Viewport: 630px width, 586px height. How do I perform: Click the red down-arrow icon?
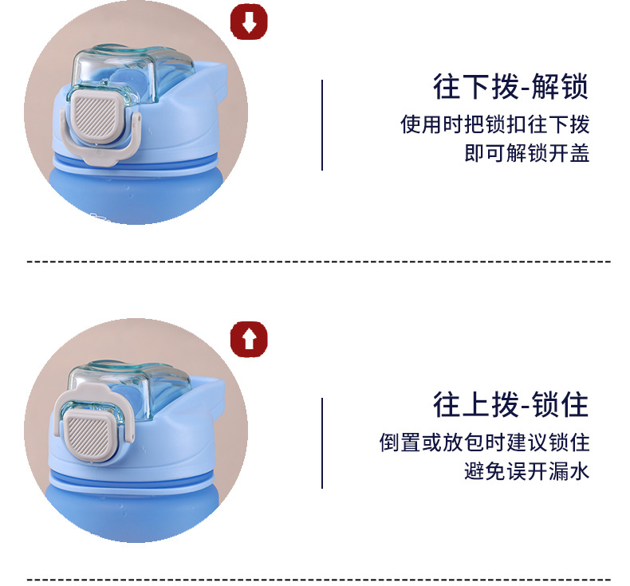click(249, 22)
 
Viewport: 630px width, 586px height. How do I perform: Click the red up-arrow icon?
click(249, 339)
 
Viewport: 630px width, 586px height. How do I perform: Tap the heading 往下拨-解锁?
click(510, 86)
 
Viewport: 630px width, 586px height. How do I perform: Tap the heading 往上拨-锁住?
click(510, 404)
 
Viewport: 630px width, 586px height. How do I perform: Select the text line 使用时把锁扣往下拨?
click(495, 124)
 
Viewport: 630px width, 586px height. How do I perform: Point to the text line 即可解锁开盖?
click(527, 153)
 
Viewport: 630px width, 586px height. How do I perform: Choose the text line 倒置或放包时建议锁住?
click(485, 442)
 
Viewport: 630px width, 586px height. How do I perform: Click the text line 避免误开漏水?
click(527, 471)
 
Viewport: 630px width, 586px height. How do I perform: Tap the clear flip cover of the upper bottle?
click(128, 74)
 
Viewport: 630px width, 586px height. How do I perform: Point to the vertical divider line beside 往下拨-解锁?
click(322, 125)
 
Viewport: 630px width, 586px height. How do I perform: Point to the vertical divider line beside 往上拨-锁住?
click(322, 443)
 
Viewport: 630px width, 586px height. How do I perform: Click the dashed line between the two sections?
click(319, 262)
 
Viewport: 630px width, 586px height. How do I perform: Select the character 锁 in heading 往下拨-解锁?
click(573, 86)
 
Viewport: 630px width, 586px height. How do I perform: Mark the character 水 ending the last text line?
click(580, 471)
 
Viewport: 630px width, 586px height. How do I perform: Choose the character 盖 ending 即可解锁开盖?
click(580, 153)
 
